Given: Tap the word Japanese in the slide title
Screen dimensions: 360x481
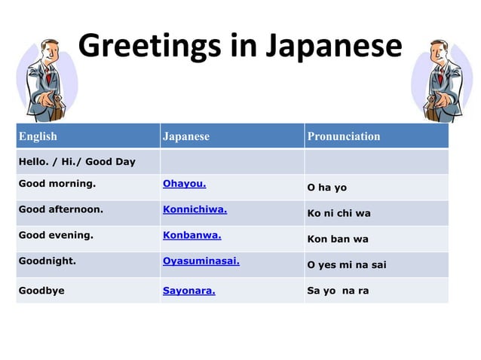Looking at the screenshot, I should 333,46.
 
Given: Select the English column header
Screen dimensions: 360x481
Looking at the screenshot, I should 38,136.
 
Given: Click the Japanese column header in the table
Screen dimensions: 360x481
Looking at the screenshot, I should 186,136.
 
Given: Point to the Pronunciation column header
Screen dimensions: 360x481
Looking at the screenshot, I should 343,136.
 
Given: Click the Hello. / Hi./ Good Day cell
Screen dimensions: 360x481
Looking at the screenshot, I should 77,162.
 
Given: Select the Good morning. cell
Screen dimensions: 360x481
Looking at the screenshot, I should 57,183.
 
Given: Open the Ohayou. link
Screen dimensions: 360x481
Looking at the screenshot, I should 184,183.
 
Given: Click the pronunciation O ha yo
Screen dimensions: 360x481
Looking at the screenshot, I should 326,188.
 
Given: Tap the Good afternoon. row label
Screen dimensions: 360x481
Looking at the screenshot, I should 60,209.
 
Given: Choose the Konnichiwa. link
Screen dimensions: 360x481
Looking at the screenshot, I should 195,209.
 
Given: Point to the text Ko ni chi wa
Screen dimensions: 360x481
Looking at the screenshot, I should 339,213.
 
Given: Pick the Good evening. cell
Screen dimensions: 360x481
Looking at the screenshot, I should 56,234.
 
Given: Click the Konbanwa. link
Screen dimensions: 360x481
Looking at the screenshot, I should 191,234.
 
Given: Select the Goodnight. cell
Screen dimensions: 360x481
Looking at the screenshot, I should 47,261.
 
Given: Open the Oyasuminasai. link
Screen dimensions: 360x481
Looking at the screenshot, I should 201,261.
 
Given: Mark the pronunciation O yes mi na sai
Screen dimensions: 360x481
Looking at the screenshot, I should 346,265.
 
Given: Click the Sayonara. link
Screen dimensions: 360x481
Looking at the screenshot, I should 188,290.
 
